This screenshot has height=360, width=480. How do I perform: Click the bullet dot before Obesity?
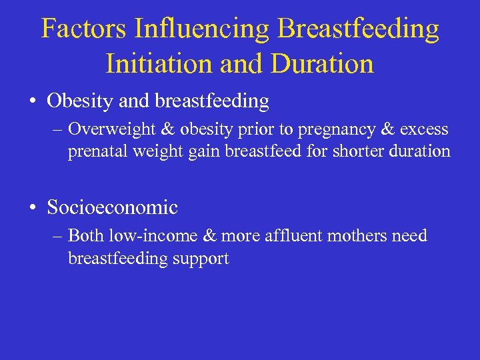tap(32, 102)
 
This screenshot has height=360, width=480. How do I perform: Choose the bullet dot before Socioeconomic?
tap(32, 208)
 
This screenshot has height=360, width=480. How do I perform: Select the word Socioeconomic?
tap(112, 207)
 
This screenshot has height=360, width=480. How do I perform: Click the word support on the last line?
tap(203, 259)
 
